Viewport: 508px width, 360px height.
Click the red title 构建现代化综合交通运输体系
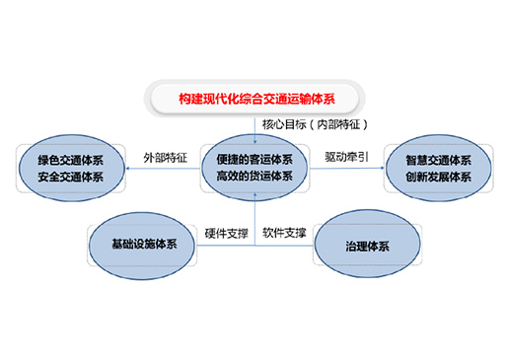(x=256, y=99)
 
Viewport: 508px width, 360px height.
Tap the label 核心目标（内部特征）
(x=315, y=124)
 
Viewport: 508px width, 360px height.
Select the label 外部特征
(x=165, y=158)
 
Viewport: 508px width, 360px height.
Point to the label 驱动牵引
(x=346, y=157)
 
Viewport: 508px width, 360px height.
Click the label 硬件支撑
(x=226, y=234)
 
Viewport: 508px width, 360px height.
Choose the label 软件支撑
(x=284, y=233)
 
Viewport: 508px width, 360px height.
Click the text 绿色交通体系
(x=70, y=161)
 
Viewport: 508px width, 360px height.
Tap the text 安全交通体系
(x=70, y=177)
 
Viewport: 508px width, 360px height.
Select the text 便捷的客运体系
(x=254, y=160)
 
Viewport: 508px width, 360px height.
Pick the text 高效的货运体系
(x=254, y=176)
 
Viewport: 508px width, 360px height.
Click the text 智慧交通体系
(x=438, y=161)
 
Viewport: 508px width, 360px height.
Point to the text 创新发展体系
(x=438, y=177)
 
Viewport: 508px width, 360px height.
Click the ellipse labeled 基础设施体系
(x=142, y=246)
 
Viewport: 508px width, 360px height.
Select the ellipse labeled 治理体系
(x=367, y=244)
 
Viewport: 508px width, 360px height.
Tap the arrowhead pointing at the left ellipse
(x=128, y=169)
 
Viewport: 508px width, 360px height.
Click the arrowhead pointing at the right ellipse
(x=382, y=168)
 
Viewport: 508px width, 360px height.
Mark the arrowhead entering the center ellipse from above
(x=254, y=142)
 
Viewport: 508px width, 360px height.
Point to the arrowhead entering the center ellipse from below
(x=254, y=195)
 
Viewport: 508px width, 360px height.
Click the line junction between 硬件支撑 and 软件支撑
(x=254, y=246)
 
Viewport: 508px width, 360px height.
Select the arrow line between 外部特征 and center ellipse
(x=164, y=169)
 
